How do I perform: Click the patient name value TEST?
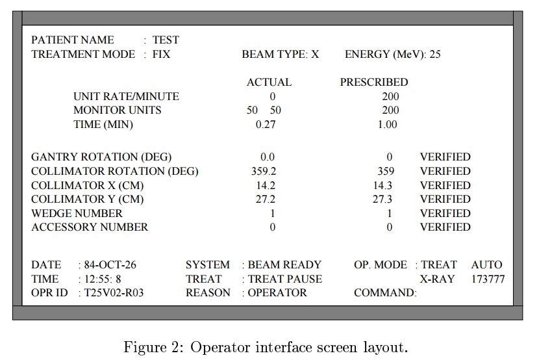coord(166,40)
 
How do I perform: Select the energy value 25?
coord(434,55)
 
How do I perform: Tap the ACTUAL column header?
coord(269,83)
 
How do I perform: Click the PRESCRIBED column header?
coord(374,83)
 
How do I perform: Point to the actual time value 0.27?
coord(266,124)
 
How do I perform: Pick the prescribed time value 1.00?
coord(387,124)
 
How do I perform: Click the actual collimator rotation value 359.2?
coord(264,172)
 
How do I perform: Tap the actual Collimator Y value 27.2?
coord(265,199)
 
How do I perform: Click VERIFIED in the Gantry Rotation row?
coord(445,157)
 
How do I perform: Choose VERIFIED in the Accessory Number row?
coord(445,227)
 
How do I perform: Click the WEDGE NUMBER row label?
coord(77,214)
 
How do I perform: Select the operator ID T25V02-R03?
coord(114,293)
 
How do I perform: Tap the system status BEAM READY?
coord(284,265)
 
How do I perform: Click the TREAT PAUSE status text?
coord(285,279)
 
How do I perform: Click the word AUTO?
coord(486,265)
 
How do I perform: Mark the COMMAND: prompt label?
coord(385,293)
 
